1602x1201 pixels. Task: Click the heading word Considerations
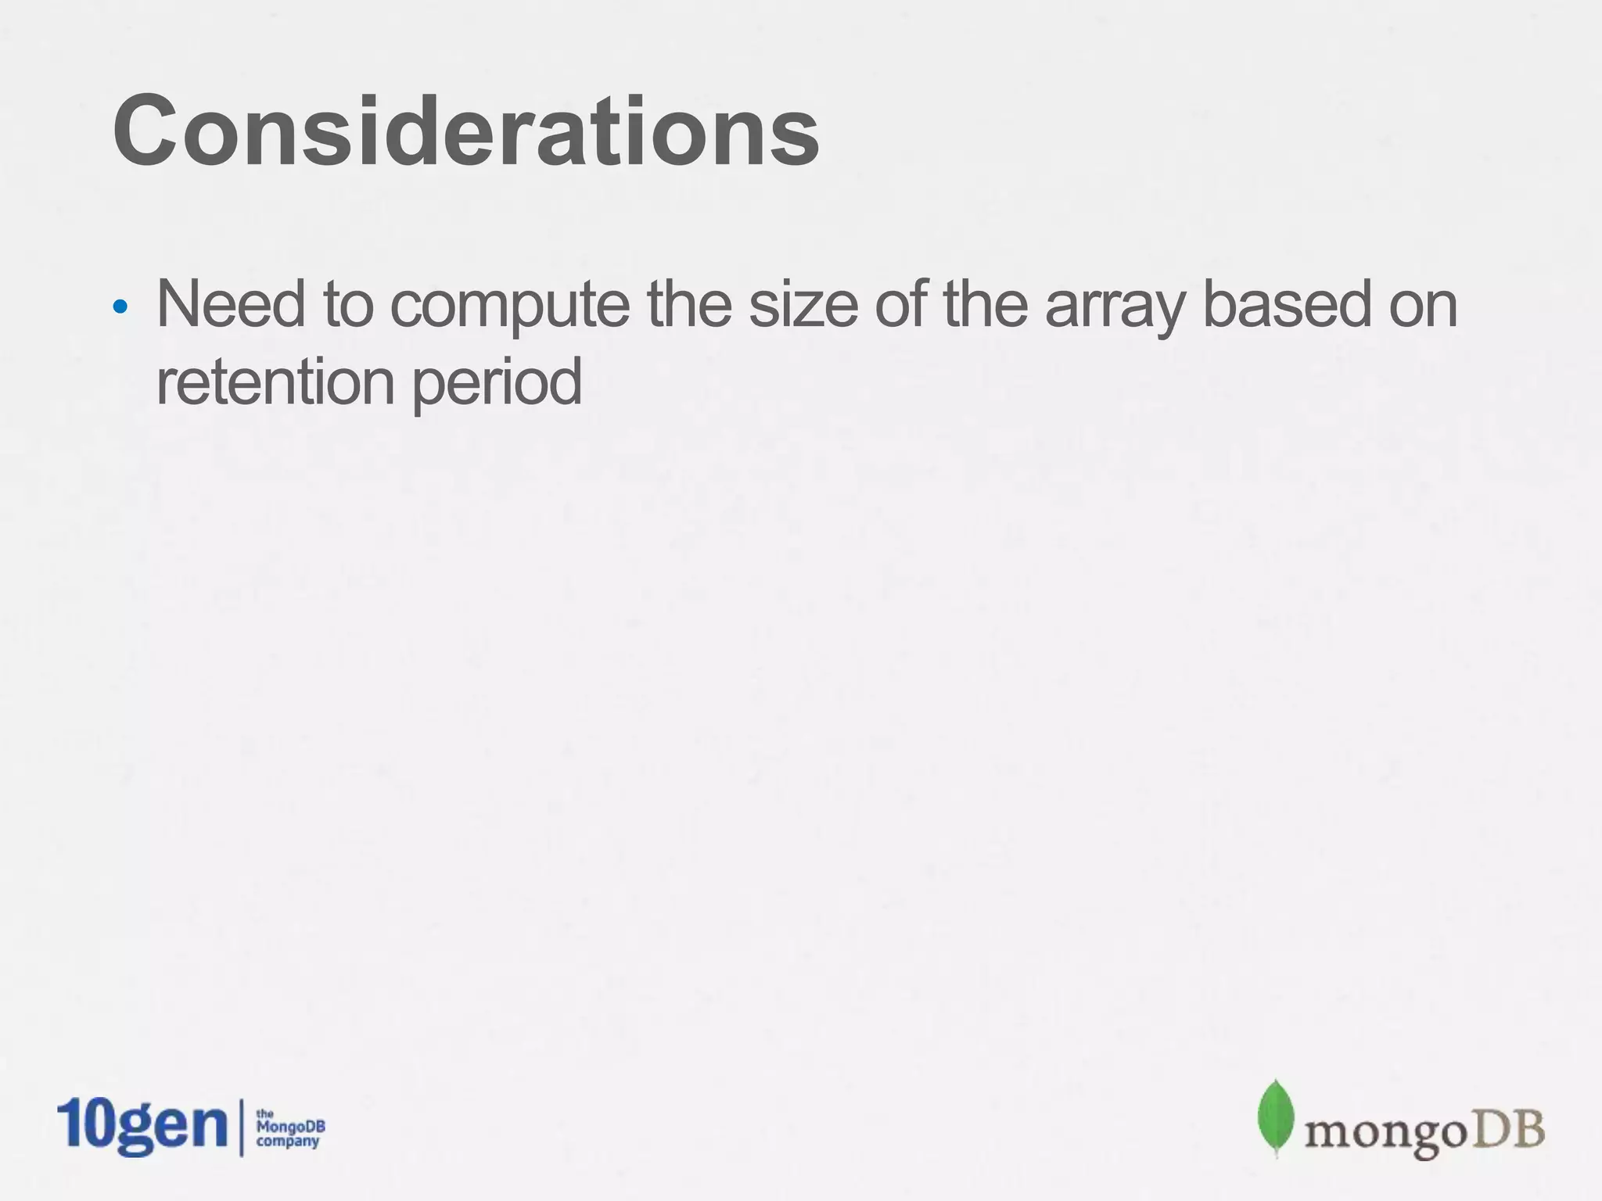(466, 131)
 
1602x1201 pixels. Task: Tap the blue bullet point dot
(120, 307)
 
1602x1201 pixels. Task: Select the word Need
(230, 304)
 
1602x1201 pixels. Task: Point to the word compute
(509, 306)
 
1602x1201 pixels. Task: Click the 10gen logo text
(142, 1127)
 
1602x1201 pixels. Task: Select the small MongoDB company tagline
(290, 1128)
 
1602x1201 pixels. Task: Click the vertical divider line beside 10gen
(242, 1128)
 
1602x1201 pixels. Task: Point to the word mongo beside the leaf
(1379, 1133)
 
